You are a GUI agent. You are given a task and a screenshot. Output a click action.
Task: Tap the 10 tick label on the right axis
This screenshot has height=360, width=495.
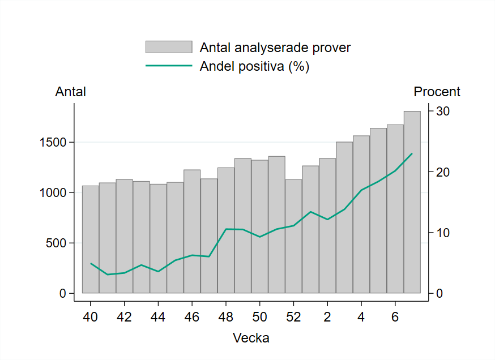pyautogui.click(x=442, y=233)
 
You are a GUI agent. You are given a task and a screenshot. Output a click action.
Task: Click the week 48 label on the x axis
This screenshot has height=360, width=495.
pyautogui.click(x=226, y=316)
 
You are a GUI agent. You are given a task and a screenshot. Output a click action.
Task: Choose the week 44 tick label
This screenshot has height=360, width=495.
pyautogui.click(x=158, y=316)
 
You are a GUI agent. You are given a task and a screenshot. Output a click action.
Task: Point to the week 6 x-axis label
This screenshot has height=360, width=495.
pyautogui.click(x=395, y=316)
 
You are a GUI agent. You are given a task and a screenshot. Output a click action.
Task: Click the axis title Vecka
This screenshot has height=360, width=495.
pyautogui.click(x=251, y=338)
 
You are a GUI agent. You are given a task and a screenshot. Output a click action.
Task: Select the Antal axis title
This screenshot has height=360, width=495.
pyautogui.click(x=70, y=92)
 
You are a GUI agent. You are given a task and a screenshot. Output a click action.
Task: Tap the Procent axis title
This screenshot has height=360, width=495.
pyautogui.click(x=437, y=92)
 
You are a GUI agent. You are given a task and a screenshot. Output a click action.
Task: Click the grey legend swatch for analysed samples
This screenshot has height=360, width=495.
pyautogui.click(x=169, y=48)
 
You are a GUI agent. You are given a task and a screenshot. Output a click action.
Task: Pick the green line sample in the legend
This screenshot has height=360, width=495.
pyautogui.click(x=169, y=66)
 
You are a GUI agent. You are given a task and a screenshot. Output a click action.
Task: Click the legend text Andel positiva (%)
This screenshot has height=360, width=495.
pyautogui.click(x=254, y=66)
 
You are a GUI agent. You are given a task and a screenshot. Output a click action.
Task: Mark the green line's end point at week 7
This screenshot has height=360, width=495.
pyautogui.click(x=412, y=153)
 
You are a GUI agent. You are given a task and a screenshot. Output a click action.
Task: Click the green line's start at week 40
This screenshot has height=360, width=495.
pyautogui.click(x=91, y=263)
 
